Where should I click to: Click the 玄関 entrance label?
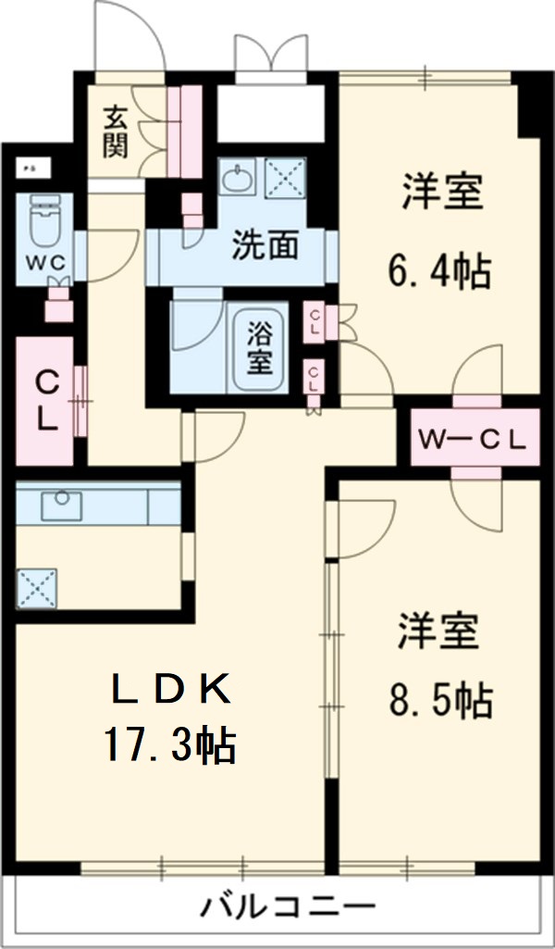coord(116,131)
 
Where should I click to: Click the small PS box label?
coord(30,169)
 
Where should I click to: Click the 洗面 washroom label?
coord(265,245)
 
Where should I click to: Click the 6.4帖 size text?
coord(438,272)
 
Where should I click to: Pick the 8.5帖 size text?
coord(438,701)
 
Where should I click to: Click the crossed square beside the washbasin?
coord(279,176)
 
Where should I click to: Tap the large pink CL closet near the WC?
coord(44,400)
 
